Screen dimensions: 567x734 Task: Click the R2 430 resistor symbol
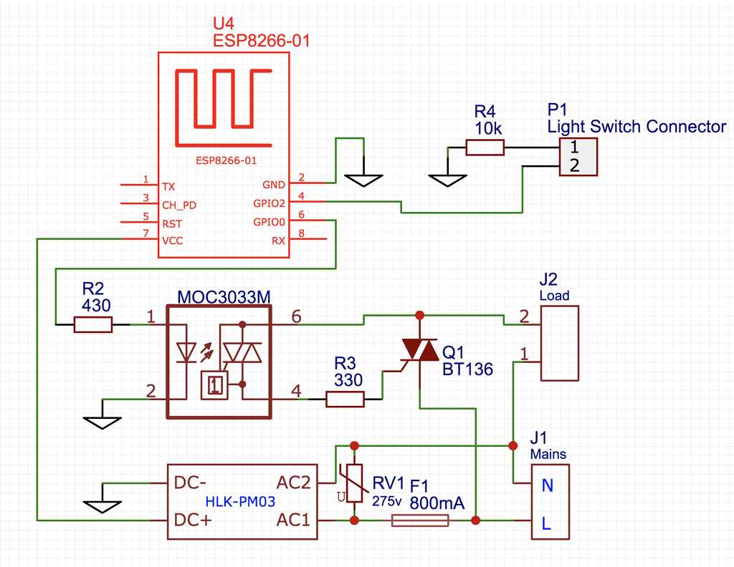tap(93, 325)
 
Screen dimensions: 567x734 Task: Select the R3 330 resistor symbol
tap(345, 399)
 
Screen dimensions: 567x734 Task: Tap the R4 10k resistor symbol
tap(485, 147)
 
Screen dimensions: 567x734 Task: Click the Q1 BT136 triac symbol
tap(419, 351)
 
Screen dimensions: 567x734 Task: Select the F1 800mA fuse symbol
tap(420, 521)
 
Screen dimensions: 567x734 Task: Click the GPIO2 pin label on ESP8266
tap(270, 203)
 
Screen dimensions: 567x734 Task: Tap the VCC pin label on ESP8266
tap(172, 241)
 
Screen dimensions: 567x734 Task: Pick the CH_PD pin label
tap(179, 204)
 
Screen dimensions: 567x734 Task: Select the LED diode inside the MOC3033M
tap(186, 352)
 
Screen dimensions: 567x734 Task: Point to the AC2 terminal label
tap(293, 483)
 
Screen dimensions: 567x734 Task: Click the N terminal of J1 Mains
tap(548, 485)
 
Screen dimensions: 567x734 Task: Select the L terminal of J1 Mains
tap(546, 523)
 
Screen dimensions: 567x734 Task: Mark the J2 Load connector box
tap(559, 344)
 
